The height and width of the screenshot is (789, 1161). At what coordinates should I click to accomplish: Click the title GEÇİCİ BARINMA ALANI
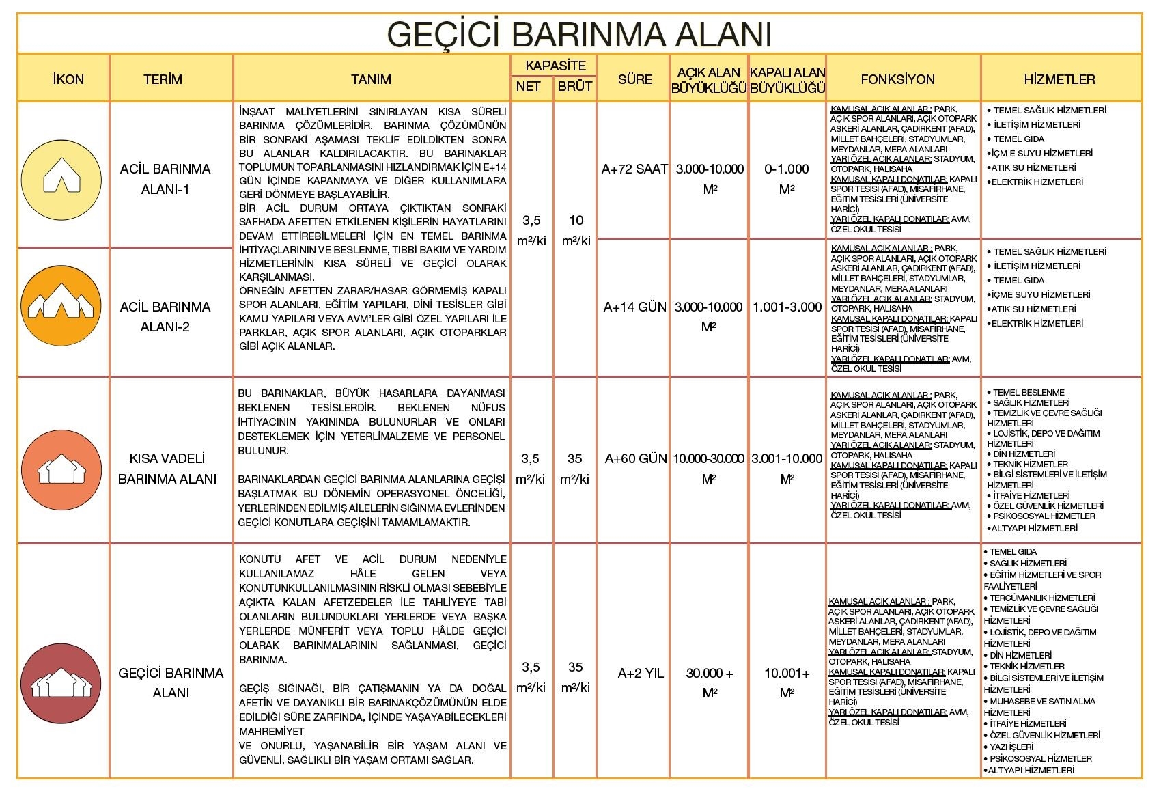580,33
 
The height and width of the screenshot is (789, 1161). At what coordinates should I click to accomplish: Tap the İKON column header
68,79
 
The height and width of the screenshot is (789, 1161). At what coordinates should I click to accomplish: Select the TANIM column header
371,79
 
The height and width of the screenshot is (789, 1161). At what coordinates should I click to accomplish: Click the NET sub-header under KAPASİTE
528,86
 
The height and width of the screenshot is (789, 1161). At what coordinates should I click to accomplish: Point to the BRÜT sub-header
574,86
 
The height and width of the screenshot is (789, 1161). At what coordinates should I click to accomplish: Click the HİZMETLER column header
1059,79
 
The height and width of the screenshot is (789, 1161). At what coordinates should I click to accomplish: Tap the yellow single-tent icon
61,179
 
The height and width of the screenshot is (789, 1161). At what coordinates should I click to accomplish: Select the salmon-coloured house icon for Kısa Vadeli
61,470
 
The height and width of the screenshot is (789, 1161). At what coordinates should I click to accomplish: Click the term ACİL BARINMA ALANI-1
165,179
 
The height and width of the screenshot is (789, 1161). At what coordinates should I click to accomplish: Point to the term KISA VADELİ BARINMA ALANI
167,469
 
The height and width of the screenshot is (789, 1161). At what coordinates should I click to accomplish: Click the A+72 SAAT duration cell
634,169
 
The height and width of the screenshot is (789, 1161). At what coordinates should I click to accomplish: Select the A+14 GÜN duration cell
634,307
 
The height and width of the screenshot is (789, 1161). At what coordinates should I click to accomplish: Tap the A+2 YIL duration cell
640,674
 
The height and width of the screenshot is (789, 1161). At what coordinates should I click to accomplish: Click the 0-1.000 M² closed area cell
787,179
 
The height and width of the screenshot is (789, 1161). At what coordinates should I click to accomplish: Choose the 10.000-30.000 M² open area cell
709,469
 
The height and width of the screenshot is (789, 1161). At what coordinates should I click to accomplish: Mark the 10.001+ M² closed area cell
787,683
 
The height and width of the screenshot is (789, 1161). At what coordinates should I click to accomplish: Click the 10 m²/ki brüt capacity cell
576,230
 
